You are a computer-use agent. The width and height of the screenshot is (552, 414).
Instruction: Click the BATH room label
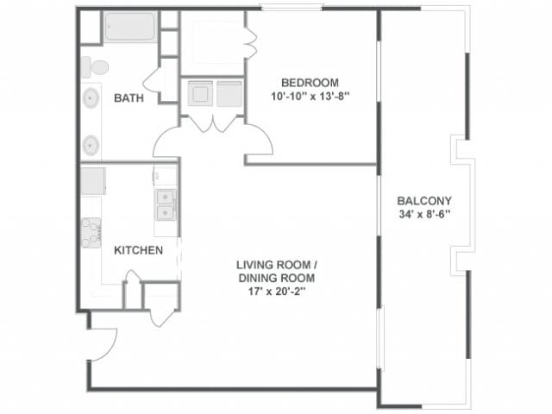coord(129,98)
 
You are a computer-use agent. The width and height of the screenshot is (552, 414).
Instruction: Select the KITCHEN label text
coord(138,251)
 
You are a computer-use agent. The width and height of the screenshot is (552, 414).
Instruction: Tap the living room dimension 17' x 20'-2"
coord(276,292)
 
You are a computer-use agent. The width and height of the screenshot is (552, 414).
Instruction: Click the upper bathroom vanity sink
coord(91,98)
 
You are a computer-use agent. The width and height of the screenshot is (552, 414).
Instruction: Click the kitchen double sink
coord(165,203)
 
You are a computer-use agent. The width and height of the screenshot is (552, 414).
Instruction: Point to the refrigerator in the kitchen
coord(92,181)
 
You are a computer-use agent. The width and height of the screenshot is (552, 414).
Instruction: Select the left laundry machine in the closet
coord(200,93)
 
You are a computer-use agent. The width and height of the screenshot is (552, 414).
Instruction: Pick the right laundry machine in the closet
coord(229,93)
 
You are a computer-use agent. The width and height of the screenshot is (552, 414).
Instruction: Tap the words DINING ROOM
coord(276,278)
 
